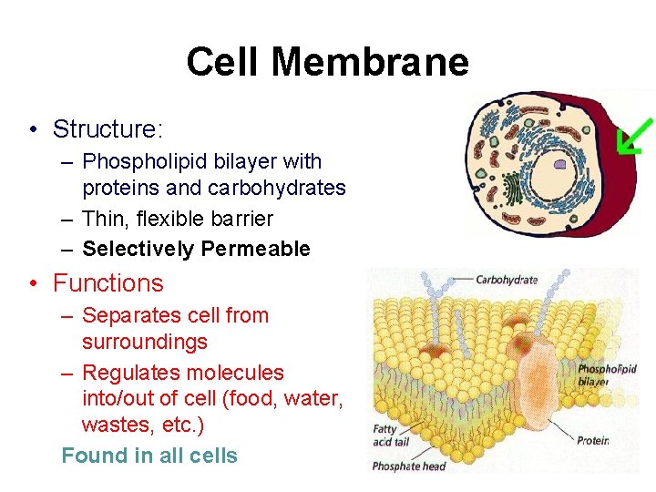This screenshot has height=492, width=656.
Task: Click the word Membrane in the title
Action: click(370, 63)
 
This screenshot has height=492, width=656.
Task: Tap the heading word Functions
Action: click(108, 283)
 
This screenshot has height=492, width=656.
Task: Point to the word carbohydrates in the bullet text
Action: click(277, 188)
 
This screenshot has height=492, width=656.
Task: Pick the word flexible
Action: click(179, 219)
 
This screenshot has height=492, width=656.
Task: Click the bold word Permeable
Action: click(256, 249)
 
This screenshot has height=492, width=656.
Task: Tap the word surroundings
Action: click(145, 342)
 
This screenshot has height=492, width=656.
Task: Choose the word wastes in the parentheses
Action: click(114, 425)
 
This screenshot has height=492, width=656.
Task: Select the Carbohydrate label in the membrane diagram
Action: click(507, 280)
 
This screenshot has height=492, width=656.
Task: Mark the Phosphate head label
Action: click(409, 466)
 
